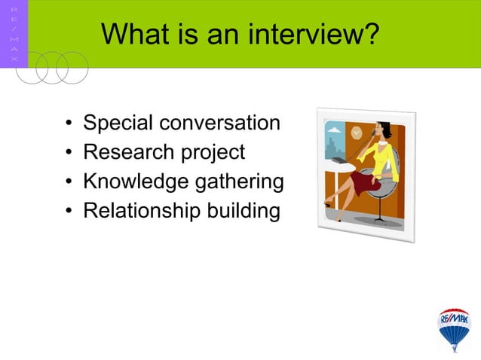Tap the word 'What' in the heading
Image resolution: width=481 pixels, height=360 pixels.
(x=130, y=34)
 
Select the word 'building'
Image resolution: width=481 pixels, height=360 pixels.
(x=243, y=212)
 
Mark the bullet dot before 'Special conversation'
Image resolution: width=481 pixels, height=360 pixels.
(x=69, y=124)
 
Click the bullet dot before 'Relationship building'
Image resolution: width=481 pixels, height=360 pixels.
(x=69, y=212)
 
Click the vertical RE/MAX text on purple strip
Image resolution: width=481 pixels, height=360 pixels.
(x=14, y=34)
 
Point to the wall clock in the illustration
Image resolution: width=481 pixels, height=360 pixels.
(x=356, y=133)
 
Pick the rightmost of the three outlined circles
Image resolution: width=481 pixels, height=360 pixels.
(x=72, y=68)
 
